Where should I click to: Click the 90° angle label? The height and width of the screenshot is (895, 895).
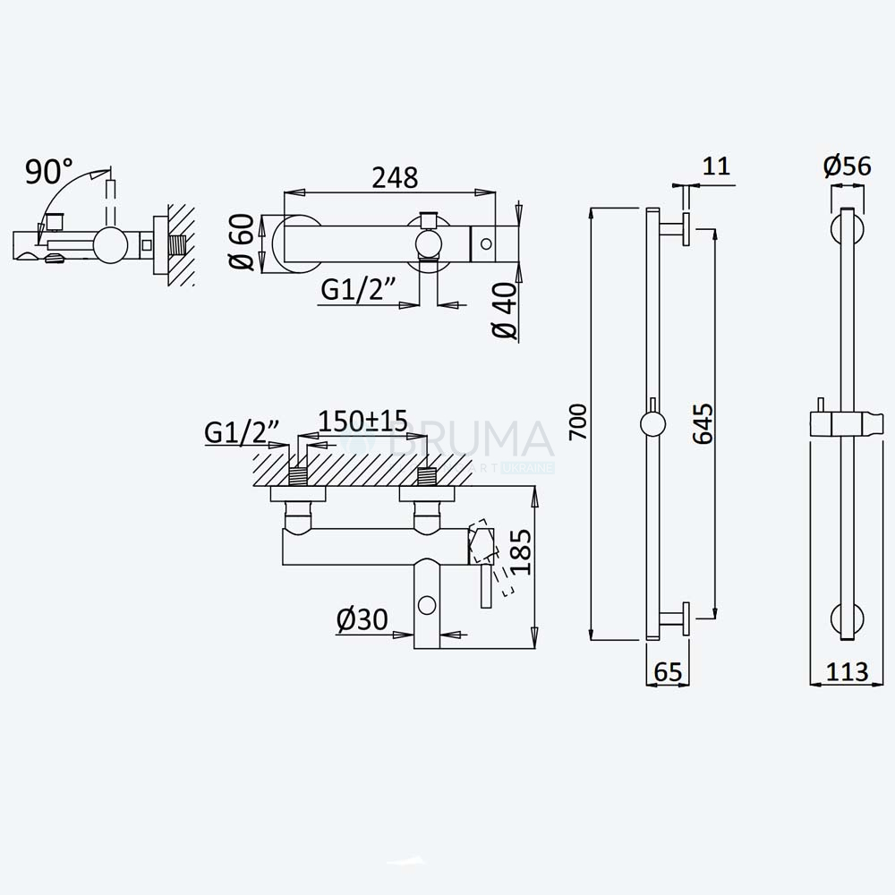[x=49, y=171]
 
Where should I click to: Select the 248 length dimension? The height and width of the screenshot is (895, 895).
[x=395, y=177]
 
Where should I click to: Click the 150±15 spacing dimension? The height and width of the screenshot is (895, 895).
[x=363, y=422]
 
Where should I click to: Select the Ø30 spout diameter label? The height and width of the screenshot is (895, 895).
[x=362, y=619]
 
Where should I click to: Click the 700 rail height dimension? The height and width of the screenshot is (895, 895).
[x=578, y=422]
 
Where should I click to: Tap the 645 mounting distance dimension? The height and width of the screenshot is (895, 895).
[x=703, y=423]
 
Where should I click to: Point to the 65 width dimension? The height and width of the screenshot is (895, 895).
[x=668, y=672]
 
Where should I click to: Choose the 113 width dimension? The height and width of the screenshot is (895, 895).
[x=847, y=672]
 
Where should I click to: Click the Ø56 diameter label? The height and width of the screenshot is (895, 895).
[x=847, y=166]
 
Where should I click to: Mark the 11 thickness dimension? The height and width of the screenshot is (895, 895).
[x=716, y=166]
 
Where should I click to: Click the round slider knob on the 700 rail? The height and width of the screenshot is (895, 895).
[x=652, y=424]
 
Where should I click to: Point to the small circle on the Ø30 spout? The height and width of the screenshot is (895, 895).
[x=427, y=605]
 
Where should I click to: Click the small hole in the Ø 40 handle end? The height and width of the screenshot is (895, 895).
[x=486, y=243]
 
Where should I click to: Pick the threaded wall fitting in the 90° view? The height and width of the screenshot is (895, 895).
[x=179, y=245]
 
